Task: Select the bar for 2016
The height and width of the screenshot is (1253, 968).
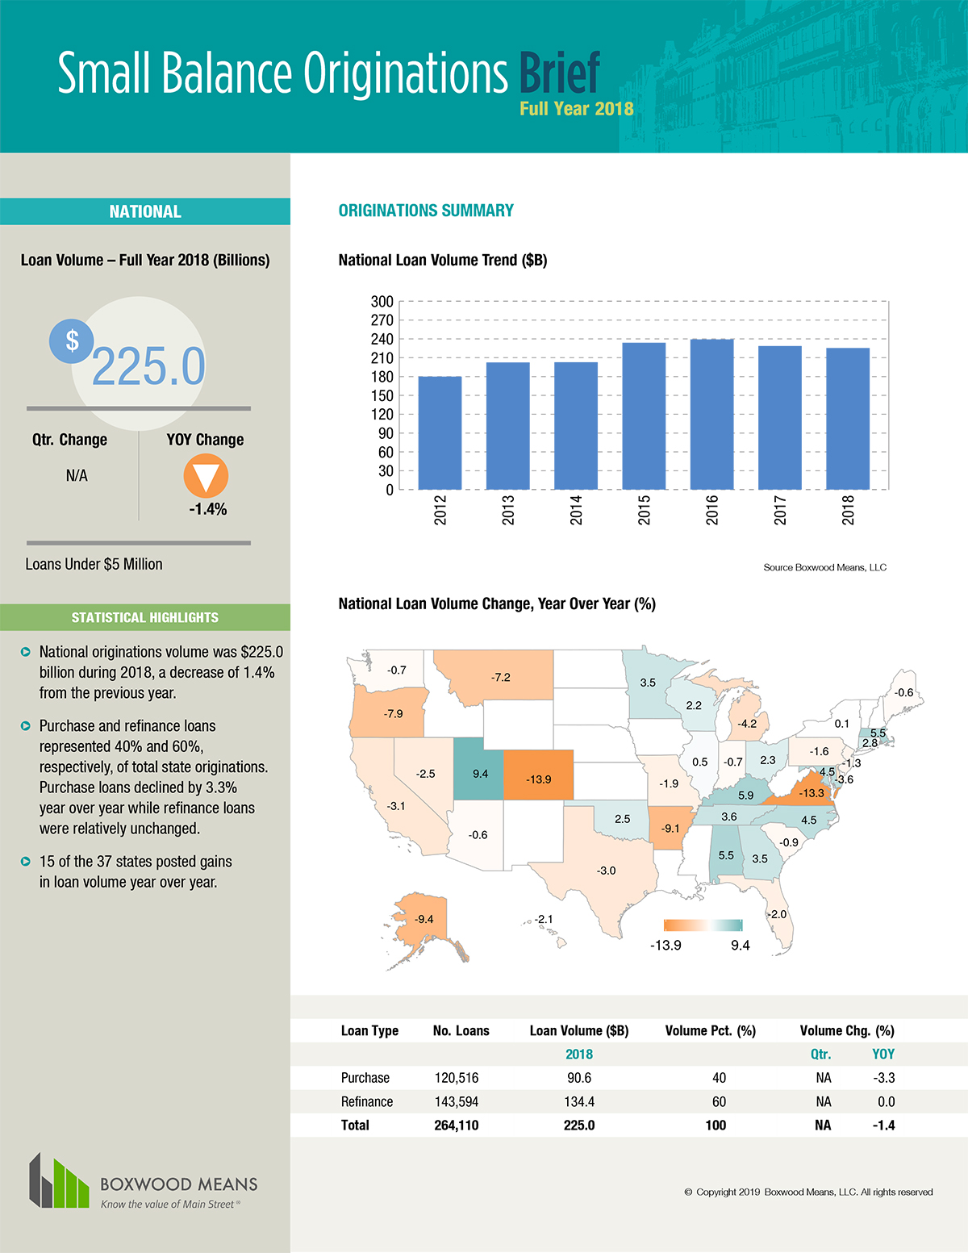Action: point(712,414)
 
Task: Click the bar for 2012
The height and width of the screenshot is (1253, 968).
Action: point(440,432)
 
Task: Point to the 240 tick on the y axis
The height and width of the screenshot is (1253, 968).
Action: point(382,339)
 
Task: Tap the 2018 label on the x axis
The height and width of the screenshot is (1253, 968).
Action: point(848,510)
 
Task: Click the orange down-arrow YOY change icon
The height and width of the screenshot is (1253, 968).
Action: point(206,476)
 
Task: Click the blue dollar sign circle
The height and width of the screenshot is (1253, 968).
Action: point(72,340)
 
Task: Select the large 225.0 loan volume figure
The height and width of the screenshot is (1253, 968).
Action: point(148,367)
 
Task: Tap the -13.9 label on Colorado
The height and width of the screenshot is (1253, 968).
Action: point(538,779)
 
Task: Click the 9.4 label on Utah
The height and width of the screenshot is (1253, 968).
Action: point(480,774)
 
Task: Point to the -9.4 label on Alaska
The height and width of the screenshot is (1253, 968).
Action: point(423,919)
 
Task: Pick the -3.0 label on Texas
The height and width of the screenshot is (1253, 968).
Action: point(606,871)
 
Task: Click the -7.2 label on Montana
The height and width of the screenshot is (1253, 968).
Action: point(500,677)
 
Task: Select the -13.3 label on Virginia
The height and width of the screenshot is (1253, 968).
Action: point(811,793)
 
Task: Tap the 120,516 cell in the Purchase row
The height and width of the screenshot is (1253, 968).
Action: point(456,1078)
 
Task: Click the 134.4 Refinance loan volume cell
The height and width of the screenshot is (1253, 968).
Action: point(578,1101)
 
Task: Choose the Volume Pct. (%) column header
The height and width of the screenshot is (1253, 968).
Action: point(710,1030)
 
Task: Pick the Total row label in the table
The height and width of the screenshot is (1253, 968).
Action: point(355,1125)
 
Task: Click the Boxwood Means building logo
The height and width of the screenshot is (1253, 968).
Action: point(59,1182)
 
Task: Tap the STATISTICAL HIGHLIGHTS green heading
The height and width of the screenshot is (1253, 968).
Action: point(144,617)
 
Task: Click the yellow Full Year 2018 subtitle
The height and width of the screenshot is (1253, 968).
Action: point(576,109)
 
